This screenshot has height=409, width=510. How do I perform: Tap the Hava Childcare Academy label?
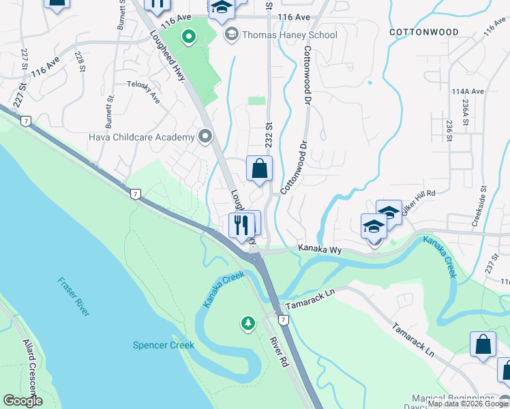(142, 137)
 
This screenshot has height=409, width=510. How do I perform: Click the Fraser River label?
(73, 296)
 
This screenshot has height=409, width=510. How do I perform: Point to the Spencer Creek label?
(163, 345)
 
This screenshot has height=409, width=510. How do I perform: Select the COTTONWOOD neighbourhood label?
(423, 32)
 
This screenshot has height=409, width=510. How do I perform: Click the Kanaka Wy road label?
(320, 250)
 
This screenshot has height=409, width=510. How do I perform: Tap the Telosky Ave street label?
(143, 92)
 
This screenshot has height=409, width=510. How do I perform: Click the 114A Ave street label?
(467, 91)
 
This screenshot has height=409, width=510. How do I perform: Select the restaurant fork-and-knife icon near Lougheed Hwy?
(240, 225)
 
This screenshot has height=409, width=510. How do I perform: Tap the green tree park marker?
(247, 322)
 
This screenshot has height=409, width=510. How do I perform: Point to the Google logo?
(22, 401)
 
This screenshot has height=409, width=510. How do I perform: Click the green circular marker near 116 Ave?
(187, 35)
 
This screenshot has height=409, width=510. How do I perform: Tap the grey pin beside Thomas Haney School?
(232, 34)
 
